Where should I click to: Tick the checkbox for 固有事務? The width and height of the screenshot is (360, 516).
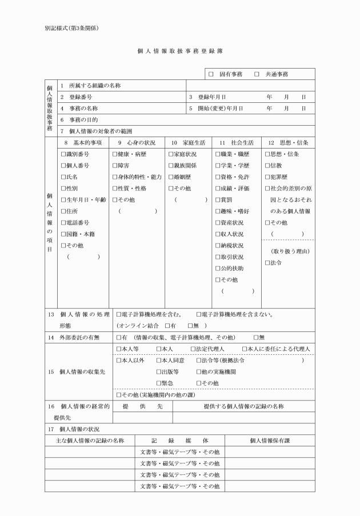tap(211, 74)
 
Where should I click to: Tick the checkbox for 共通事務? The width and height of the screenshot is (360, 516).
tap(257, 74)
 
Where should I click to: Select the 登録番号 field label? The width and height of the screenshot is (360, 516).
tap(81, 97)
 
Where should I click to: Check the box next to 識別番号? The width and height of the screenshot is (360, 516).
tap(63, 154)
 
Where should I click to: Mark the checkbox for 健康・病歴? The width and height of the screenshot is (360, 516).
tap(115, 154)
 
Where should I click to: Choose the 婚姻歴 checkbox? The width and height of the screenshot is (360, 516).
tap(171, 177)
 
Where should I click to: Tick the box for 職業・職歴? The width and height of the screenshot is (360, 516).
tap(218, 154)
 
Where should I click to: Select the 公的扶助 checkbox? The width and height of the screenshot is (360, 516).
tap(218, 268)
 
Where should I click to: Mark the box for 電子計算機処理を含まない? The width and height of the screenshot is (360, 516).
tap(198, 314)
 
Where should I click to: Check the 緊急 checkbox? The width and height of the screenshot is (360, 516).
tap(159, 383)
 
